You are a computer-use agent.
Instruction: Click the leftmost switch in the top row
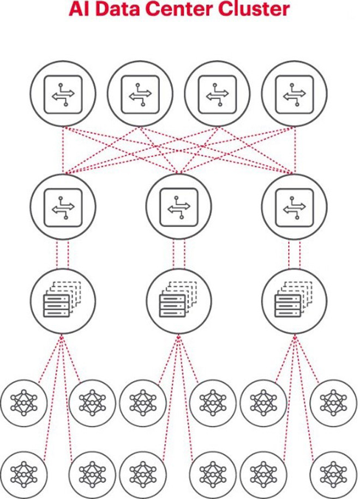(x=63, y=94)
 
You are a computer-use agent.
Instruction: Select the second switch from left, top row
(x=140, y=94)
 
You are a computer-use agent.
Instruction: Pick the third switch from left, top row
(x=218, y=94)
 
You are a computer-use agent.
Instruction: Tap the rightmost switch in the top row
(x=295, y=94)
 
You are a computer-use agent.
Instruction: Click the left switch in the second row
(x=63, y=206)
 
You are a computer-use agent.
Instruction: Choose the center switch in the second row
(x=179, y=206)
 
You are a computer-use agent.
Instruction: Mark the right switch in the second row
(x=294, y=206)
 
